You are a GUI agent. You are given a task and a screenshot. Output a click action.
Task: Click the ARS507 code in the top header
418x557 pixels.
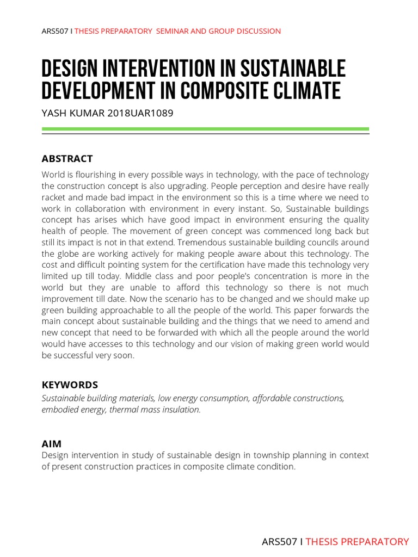55,31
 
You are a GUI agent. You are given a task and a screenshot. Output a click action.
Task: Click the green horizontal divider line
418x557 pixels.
205,129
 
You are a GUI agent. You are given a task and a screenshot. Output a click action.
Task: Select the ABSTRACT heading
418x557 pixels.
67,159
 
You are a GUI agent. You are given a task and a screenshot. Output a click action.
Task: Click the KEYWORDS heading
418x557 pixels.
70,385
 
